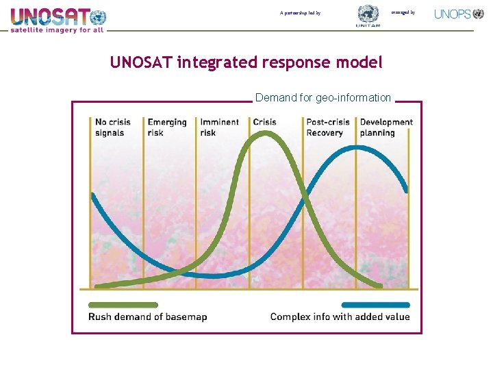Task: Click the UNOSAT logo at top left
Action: (x=58, y=16)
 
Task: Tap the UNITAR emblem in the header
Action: (x=368, y=16)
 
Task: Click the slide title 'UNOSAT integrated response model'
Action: (x=246, y=62)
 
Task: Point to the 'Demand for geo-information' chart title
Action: (x=323, y=97)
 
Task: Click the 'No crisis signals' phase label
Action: (x=113, y=127)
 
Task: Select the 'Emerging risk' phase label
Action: (x=167, y=127)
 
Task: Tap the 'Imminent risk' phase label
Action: (x=219, y=127)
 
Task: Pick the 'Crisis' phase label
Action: (x=265, y=123)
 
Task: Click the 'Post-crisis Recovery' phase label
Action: (x=328, y=127)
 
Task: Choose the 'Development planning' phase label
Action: (x=386, y=127)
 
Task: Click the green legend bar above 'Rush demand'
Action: (x=123, y=305)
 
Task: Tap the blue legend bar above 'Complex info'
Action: (x=375, y=305)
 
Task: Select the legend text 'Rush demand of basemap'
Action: (x=147, y=317)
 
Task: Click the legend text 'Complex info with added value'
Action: (x=340, y=317)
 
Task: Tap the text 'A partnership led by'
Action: (x=300, y=13)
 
